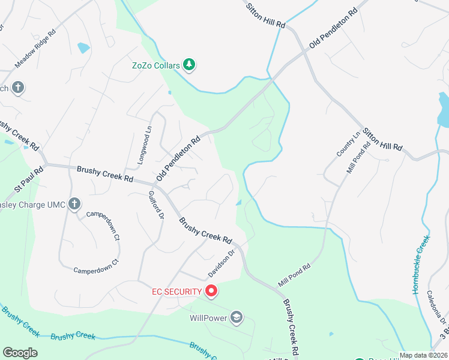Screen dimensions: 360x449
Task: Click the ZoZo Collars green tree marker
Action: [x=189, y=64]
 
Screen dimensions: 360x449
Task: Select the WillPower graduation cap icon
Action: [x=237, y=317]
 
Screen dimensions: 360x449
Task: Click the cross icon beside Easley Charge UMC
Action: [x=74, y=204]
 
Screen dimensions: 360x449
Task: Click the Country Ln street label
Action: [x=347, y=143]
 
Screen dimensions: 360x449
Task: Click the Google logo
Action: [x=20, y=353]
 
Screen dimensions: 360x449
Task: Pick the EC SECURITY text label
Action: [x=176, y=292]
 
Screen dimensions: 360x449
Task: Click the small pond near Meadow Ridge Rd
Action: [x=83, y=48]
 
